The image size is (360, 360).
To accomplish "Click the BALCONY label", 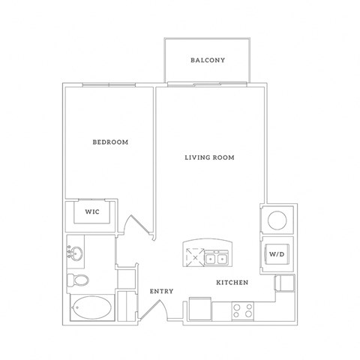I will tap(208, 60).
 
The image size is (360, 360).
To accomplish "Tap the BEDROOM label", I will tap(110, 142).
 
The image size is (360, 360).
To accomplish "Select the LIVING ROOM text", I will tap(210, 157).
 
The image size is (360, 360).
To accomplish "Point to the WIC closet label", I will tap(91, 212).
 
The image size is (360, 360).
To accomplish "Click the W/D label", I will tap(275, 254).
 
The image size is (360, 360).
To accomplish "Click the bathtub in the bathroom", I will tap(91, 308).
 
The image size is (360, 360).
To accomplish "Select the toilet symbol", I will tap(77, 280).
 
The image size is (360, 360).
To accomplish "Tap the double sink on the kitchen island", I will tap(217, 259).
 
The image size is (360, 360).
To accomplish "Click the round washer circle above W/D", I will tap(275, 220).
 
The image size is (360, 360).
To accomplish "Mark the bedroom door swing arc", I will tap(137, 226).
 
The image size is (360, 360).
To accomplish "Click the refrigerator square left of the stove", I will tap(200, 310).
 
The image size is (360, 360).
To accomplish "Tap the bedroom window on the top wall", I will tap(109, 84).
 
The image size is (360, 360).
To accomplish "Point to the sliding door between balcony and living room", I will tap(208, 83).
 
